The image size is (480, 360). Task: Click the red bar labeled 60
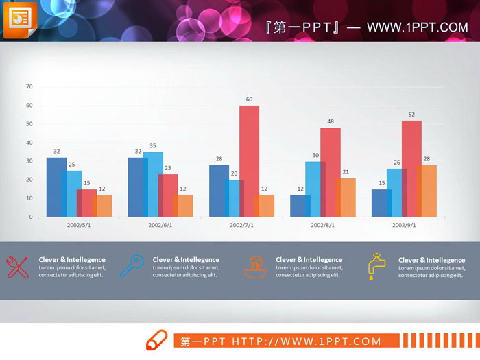(x=250, y=160)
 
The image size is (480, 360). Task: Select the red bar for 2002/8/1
(x=331, y=172)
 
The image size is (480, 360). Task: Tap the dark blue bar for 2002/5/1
(x=56, y=187)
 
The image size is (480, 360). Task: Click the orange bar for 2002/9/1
(x=426, y=191)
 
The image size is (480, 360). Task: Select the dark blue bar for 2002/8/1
(x=299, y=206)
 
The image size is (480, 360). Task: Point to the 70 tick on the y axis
(x=29, y=86)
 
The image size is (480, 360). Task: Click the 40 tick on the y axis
(x=29, y=143)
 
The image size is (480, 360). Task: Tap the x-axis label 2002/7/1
(x=242, y=225)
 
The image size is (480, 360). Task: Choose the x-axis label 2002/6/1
(x=160, y=225)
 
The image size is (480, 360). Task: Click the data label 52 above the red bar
(x=411, y=115)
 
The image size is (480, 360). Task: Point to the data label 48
(x=330, y=121)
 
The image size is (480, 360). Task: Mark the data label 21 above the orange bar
(x=346, y=172)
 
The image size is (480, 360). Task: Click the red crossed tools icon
(x=16, y=267)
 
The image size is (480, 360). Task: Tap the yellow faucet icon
(x=375, y=267)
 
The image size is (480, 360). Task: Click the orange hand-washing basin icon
(x=255, y=266)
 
